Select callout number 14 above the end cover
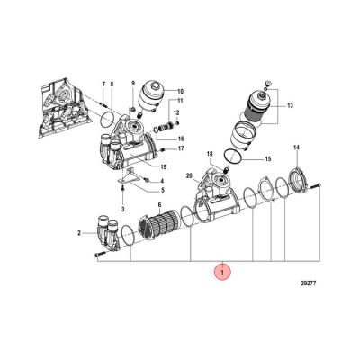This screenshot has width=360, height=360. pos(297,148)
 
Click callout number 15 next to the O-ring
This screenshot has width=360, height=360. pos(266,158)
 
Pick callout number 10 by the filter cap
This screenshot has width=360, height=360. pos(179,92)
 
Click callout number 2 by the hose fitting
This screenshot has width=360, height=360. pos(80,233)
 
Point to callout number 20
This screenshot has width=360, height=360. pos(190,176)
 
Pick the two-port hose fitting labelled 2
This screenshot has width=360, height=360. pos(111,233)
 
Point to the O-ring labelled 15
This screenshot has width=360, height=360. pos(232,158)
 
